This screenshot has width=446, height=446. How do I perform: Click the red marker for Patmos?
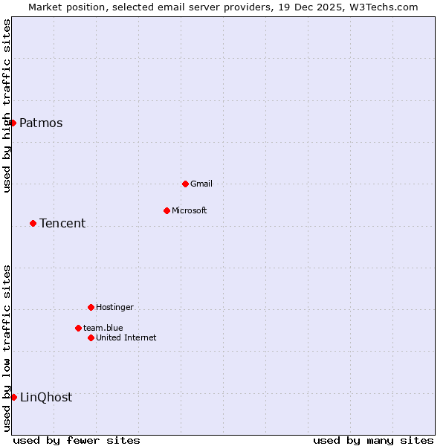(x=13, y=123)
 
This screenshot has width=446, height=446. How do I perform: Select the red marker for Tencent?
(x=33, y=223)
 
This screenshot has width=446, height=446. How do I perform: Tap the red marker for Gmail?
(x=185, y=184)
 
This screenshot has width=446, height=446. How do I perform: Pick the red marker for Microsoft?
(x=167, y=210)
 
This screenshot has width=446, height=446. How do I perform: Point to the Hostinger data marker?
(x=91, y=307)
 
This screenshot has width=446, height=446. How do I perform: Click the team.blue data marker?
(x=78, y=328)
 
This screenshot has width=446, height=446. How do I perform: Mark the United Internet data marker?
(x=91, y=337)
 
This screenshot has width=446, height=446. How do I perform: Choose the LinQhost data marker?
(x=13, y=397)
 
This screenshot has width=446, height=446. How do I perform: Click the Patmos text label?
(x=41, y=123)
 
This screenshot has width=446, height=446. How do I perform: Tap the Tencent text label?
(x=62, y=224)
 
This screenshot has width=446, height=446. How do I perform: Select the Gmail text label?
(x=201, y=184)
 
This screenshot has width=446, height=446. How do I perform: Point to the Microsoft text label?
(x=190, y=211)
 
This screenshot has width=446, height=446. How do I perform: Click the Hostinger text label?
(x=114, y=308)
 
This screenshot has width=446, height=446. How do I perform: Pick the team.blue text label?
(x=103, y=329)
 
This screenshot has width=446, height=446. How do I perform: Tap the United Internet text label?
(x=126, y=338)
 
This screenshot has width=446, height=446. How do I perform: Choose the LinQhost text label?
(x=46, y=398)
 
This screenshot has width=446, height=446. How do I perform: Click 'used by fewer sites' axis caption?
(x=77, y=440)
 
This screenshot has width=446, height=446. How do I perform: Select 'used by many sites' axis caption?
(x=373, y=440)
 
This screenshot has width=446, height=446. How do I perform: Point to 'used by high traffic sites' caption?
(x=7, y=106)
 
